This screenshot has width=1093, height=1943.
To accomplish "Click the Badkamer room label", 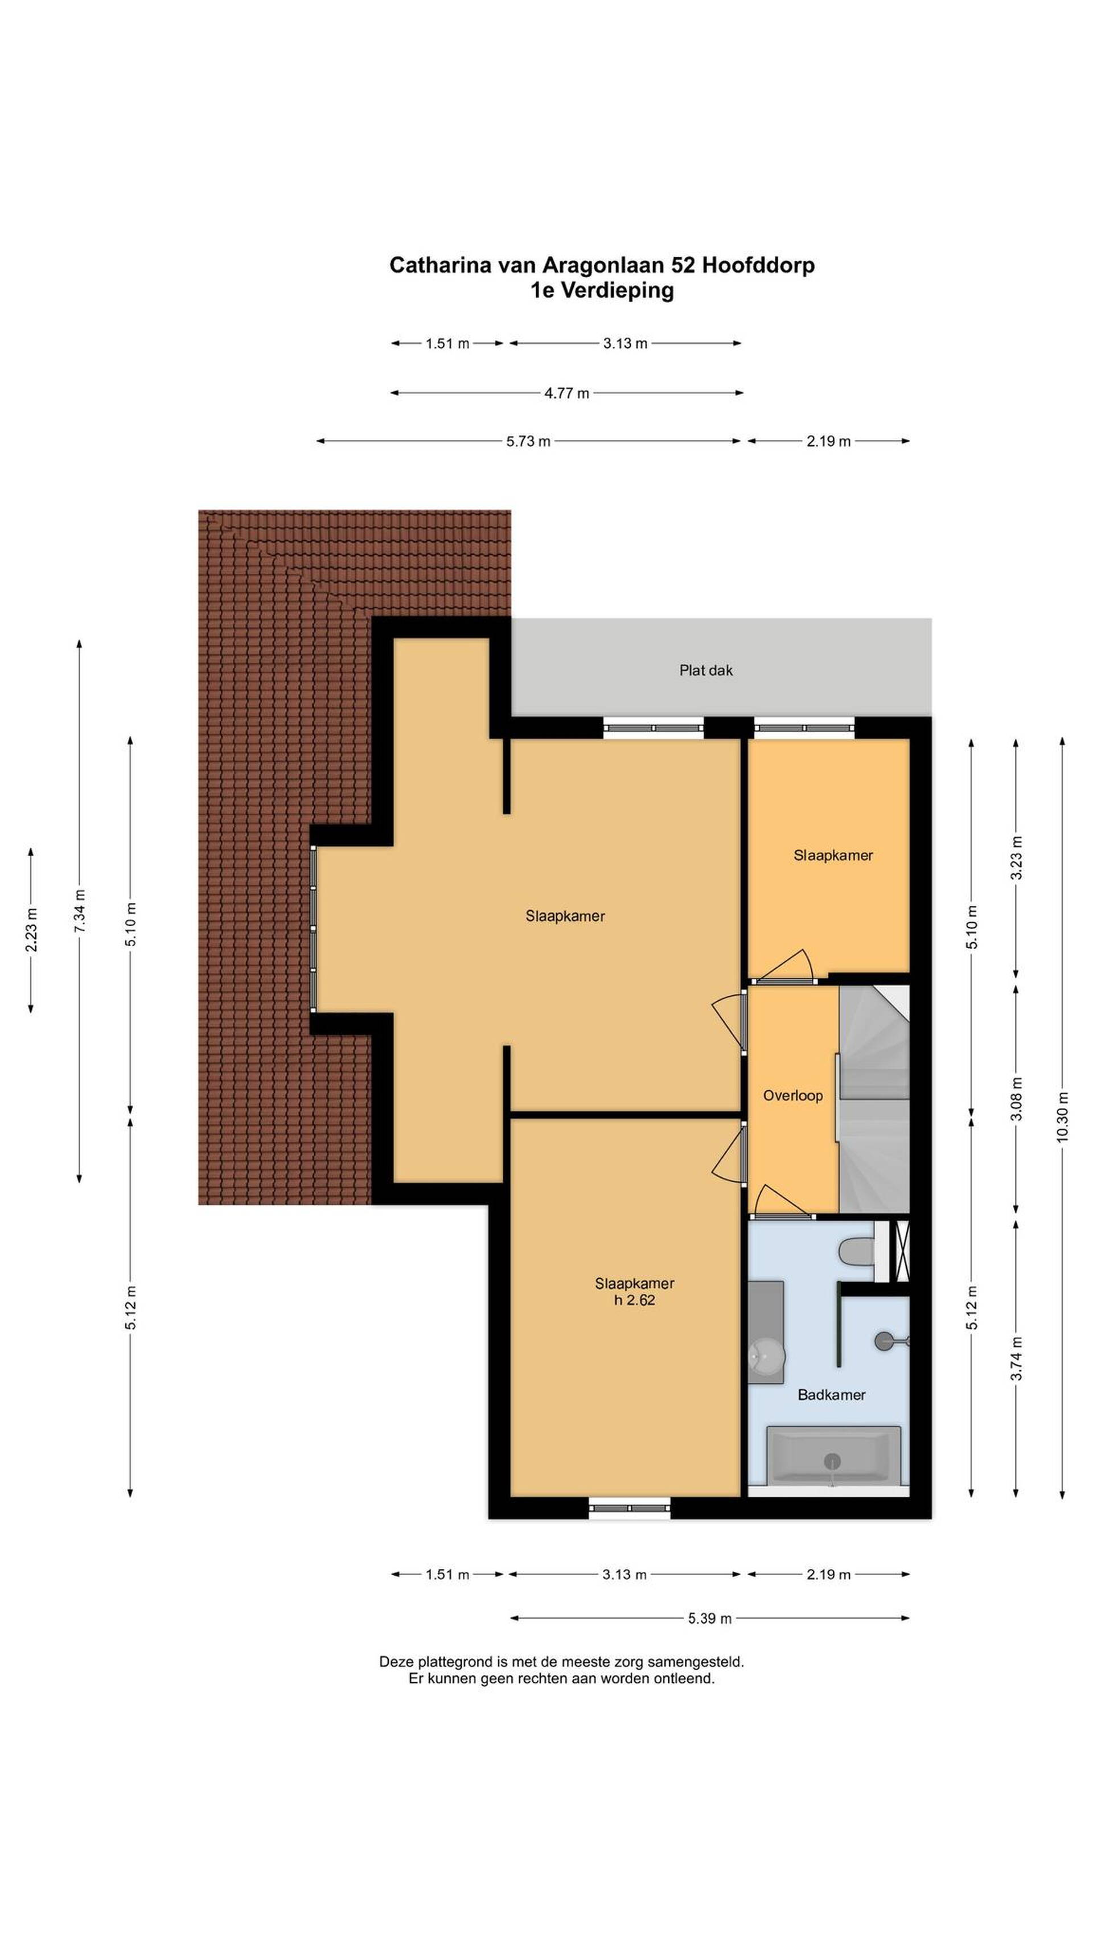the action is coord(831,1395).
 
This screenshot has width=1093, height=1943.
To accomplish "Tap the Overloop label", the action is coord(792,1095).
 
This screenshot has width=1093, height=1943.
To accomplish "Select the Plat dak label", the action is coord(705,670).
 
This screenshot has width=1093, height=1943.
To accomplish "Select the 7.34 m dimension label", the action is coord(79,910).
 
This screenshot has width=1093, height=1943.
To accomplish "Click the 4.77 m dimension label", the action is coord(566,393).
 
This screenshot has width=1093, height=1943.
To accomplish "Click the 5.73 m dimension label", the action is coord(528,441).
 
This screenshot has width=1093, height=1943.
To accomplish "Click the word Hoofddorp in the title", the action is coord(758,265).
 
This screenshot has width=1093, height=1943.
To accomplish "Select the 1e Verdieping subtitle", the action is coord(601,290).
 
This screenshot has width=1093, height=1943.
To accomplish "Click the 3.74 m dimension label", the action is coord(1016,1358).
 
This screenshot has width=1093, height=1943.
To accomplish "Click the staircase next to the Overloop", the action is coord(874,1098).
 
